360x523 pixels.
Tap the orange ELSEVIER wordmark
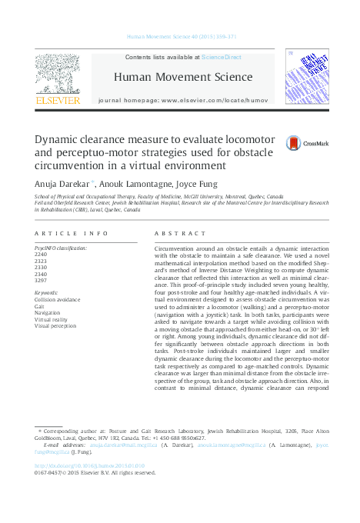click(x=58, y=100)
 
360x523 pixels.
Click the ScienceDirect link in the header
click(x=221, y=57)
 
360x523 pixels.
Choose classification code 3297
click(x=41, y=280)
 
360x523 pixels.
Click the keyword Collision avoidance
click(x=57, y=299)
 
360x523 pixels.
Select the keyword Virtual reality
click(x=51, y=318)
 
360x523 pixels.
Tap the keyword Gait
click(x=39, y=305)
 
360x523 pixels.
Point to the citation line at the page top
click(x=179, y=36)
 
